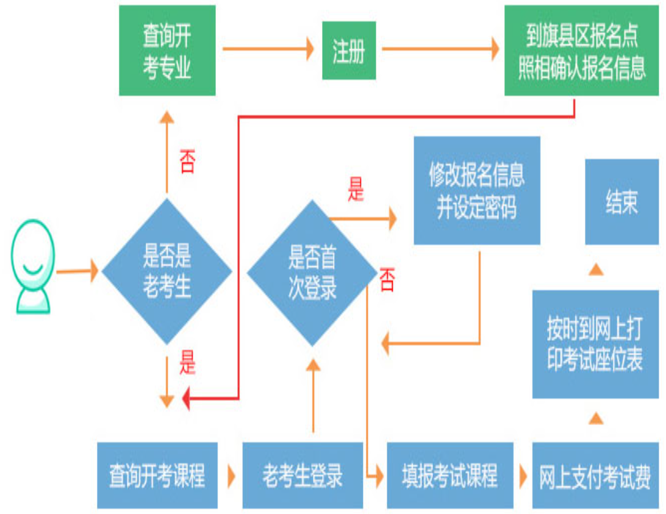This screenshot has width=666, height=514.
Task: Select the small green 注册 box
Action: tap(349, 51)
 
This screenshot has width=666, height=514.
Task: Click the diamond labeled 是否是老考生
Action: tap(167, 270)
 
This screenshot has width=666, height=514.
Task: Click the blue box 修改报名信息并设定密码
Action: tap(477, 190)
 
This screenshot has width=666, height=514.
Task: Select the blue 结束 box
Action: tap(621, 202)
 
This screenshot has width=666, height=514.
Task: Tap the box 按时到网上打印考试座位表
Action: tap(595, 344)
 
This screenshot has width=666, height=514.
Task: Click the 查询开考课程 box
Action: tap(157, 476)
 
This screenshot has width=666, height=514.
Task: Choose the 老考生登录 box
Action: tap(303, 476)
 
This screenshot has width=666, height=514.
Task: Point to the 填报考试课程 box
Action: tap(449, 476)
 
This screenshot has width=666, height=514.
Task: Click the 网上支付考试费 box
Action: tap(595, 476)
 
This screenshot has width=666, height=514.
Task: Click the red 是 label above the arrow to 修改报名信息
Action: tap(356, 190)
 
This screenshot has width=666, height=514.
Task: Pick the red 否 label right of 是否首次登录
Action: tap(387, 280)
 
